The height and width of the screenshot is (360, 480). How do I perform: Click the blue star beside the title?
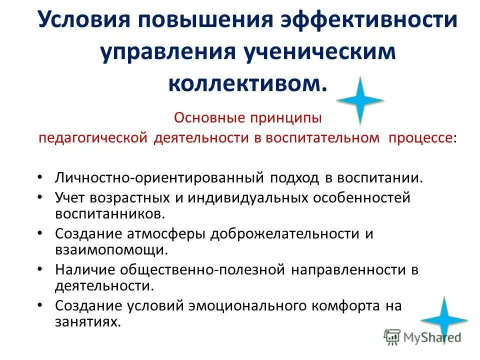[x=360, y=100]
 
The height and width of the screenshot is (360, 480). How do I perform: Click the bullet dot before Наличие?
[x=40, y=269]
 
